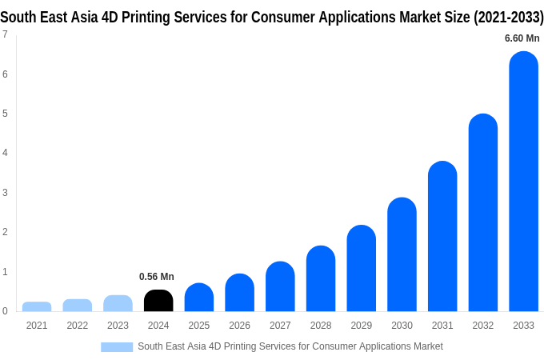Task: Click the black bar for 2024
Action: point(158,301)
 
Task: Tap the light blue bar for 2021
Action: point(37,306)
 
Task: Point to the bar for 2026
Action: point(239,293)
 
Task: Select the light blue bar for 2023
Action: point(118,303)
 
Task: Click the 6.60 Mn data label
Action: point(522,38)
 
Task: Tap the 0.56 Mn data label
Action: point(157,277)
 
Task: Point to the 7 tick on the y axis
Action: point(5,34)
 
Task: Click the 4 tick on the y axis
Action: point(5,153)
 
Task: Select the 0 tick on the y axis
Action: point(5,311)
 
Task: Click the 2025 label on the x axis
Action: point(199,326)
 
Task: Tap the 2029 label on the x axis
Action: point(361,326)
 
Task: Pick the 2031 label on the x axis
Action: point(442,326)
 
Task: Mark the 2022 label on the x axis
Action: point(78,326)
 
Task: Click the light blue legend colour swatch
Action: point(117,346)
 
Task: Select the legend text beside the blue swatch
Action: point(290,346)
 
